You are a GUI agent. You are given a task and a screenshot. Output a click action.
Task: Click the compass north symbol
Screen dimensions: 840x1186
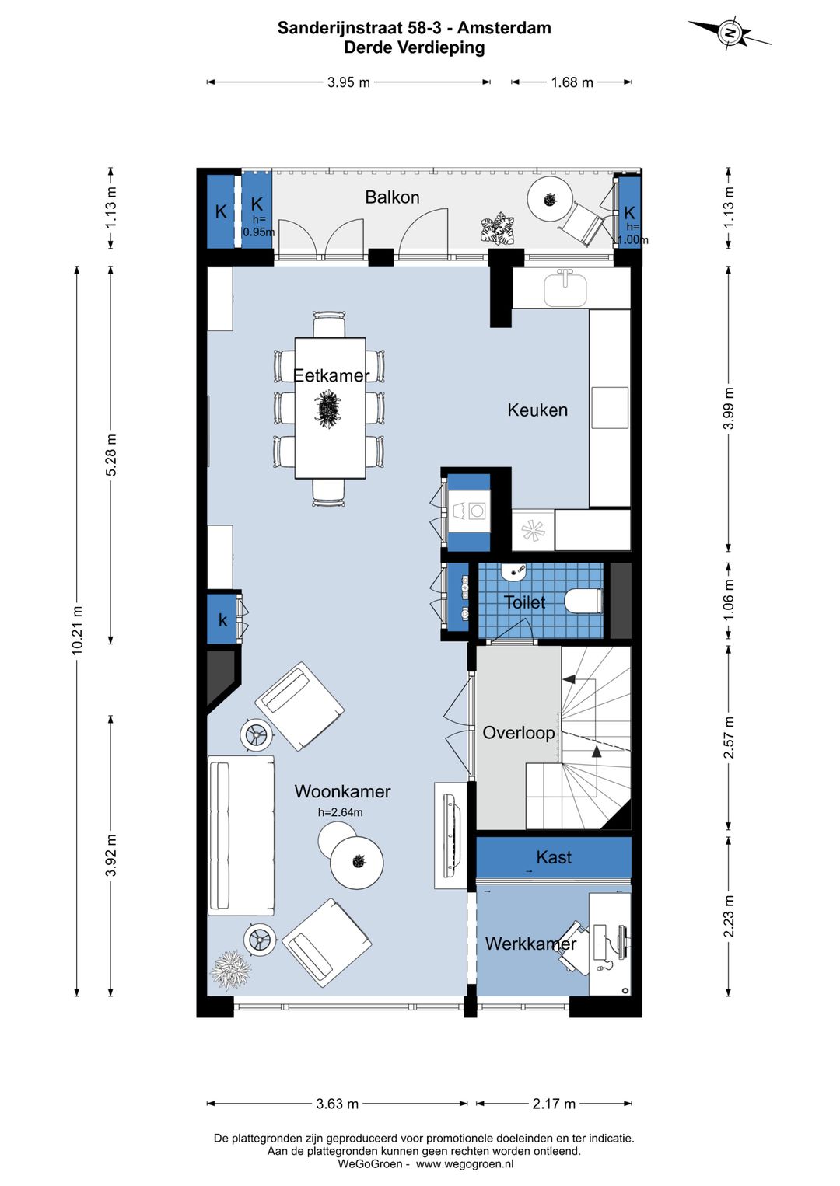coord(730,33)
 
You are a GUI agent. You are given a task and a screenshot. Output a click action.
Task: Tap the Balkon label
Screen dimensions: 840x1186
coord(392,197)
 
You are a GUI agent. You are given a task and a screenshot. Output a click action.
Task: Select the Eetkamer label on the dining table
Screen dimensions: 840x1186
coord(331,375)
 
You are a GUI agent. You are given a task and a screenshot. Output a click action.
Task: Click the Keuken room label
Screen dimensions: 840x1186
coord(537,410)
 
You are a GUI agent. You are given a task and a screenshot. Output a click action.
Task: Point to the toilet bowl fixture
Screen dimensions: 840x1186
coord(583,602)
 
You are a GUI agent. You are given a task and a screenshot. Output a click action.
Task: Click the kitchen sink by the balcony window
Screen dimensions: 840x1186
coord(565,288)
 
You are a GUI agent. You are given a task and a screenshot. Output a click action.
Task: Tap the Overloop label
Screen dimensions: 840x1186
coord(519,733)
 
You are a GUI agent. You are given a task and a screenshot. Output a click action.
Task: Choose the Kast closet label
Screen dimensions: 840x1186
coord(554,857)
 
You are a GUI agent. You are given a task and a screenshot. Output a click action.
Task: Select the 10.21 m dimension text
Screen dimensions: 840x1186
coord(77,630)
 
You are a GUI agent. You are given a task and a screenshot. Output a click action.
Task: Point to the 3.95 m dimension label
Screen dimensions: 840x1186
coord(348,82)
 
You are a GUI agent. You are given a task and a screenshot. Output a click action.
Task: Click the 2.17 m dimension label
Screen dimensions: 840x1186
coord(554,1104)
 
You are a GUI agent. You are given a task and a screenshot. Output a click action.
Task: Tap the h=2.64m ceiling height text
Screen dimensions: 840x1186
coord(340,812)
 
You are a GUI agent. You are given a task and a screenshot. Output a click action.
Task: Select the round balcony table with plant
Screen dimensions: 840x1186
coord(550,199)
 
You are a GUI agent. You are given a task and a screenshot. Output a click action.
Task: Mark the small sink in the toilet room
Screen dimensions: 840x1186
coord(513,572)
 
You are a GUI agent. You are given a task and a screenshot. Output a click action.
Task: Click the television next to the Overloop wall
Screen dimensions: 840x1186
coord(451,835)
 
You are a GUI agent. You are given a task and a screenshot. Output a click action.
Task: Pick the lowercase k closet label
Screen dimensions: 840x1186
coord(222,620)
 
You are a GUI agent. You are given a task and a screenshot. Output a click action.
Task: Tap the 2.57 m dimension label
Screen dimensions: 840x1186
coord(730,737)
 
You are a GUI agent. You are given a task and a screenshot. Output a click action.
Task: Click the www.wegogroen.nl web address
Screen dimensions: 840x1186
coord(465,1163)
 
